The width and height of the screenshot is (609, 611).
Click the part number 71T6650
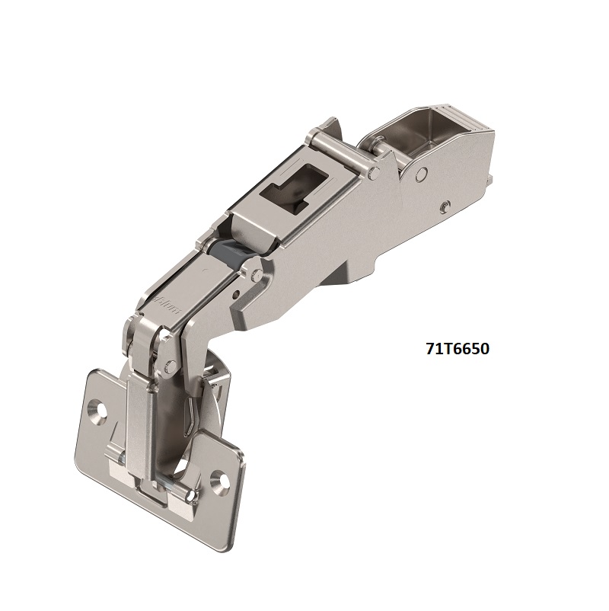point(457,349)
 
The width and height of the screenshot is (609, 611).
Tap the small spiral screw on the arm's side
point(443,206)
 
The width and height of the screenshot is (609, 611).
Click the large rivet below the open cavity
point(418,174)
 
